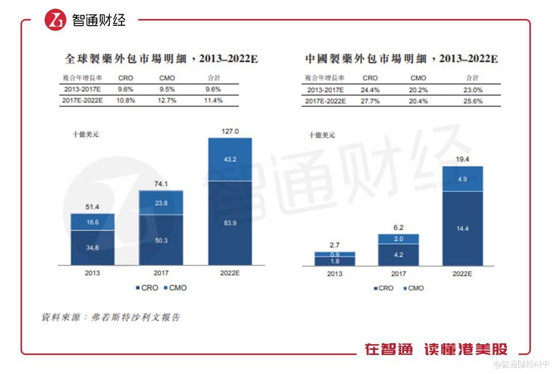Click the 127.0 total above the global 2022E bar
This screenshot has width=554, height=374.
(x=230, y=131)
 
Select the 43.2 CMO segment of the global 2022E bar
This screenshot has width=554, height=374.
(x=230, y=160)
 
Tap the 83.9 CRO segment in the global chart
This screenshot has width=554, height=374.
(x=230, y=223)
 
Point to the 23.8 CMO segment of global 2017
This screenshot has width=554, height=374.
(x=161, y=203)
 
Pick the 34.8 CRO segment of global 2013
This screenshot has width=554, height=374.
(x=93, y=247)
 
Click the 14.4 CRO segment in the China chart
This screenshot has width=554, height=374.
(x=462, y=228)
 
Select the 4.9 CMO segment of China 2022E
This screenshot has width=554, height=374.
(x=462, y=179)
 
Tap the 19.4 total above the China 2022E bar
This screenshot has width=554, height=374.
(x=462, y=160)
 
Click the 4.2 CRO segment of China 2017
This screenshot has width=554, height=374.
(x=399, y=254)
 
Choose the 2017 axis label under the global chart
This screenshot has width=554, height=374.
(x=161, y=273)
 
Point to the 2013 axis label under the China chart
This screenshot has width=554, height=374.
(x=334, y=274)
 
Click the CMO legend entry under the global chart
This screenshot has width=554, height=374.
(x=175, y=288)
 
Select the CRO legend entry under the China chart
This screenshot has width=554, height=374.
(x=383, y=288)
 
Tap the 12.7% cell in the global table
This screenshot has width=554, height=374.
(x=167, y=101)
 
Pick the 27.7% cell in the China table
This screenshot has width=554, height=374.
(x=370, y=101)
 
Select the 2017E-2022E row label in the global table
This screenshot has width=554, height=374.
(x=83, y=101)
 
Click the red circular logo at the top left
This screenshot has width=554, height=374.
(x=55, y=20)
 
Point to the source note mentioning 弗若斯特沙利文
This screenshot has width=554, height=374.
(x=111, y=318)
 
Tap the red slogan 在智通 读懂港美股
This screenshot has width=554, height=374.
(x=436, y=349)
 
